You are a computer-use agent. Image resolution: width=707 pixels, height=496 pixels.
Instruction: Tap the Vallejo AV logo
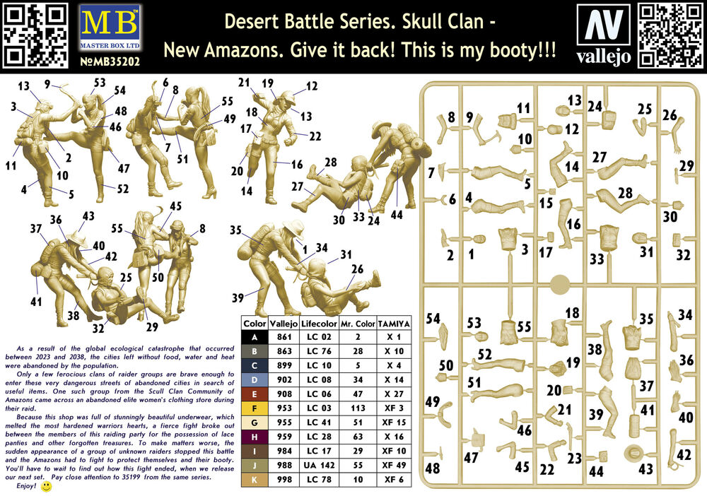pos(604,25)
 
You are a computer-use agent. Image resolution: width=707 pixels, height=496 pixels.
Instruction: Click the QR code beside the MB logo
pos(35,35)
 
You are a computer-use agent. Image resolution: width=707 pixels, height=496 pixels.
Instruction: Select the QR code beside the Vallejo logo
pos(670,35)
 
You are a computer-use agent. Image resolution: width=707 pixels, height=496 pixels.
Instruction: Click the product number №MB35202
pos(110,61)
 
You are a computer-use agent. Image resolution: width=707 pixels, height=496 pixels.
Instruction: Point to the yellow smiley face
pos(46,487)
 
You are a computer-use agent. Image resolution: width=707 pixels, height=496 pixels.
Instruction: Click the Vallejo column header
pos(284,324)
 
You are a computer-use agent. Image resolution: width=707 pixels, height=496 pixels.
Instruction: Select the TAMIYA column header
pos(394,324)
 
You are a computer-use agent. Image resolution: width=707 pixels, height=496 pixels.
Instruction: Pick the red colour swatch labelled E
pos(255,394)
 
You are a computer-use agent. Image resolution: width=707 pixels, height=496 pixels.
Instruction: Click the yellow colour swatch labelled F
pos(255,408)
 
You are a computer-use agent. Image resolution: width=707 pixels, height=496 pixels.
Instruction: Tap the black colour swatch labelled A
pos(255,337)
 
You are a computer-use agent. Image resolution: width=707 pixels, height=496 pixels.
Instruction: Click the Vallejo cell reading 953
pos(284,408)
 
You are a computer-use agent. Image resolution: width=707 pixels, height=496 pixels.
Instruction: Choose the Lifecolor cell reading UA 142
pos(320,466)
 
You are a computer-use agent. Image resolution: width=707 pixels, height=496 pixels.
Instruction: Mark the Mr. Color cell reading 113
pos(358,408)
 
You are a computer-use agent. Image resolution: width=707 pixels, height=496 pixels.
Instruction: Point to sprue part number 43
pos(645,469)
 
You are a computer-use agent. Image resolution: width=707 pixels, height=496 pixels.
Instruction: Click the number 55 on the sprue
pos(524,326)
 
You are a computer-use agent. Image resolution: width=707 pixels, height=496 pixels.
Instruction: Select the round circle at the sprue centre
pos(561,284)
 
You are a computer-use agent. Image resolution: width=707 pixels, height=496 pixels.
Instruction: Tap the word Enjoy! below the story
pos(26,485)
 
